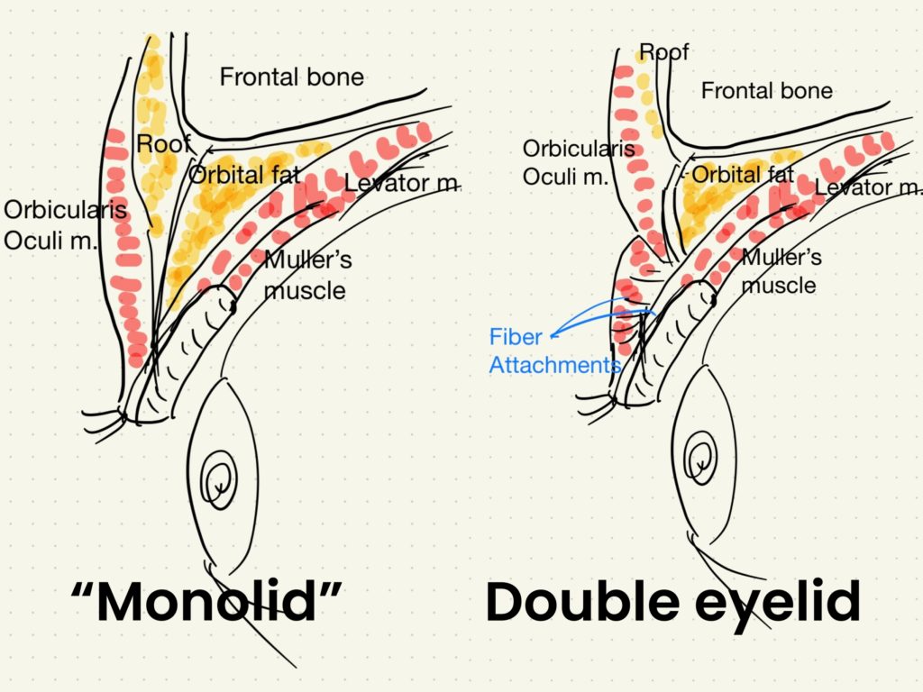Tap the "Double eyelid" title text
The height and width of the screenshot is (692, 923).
(672, 602)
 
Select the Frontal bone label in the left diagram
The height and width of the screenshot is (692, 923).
(291, 77)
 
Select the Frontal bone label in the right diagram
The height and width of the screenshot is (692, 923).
(766, 91)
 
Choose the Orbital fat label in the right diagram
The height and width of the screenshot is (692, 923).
(743, 174)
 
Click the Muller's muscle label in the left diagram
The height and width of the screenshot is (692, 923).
(307, 276)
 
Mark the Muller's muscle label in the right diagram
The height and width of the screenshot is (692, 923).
(781, 271)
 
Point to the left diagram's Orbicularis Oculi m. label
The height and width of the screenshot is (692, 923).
(64, 225)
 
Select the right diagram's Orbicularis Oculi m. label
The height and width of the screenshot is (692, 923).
(579, 162)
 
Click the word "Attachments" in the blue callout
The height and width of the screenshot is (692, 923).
(555, 365)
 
